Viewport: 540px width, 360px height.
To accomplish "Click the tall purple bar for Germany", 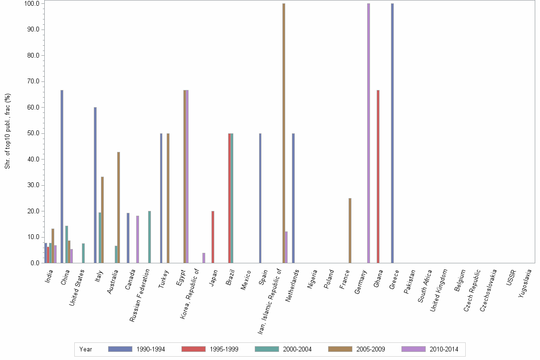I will coord(369,133).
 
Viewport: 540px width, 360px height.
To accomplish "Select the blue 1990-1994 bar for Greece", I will coord(392,133).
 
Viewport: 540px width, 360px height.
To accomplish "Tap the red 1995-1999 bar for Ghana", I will coord(378,176).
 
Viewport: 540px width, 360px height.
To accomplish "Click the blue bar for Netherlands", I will coord(293,198).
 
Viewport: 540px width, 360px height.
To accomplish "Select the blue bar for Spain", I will coord(260,198).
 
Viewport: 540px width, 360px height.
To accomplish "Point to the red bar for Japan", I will coord(213,237).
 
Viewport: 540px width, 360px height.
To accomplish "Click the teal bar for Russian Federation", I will coord(150,237).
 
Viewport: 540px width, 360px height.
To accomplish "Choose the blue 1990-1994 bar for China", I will coord(62,176).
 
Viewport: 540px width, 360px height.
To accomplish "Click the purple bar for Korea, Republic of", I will coord(204,258).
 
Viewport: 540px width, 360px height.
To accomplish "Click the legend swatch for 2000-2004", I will coord(267,349).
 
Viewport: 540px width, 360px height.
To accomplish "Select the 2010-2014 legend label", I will coord(444,349).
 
